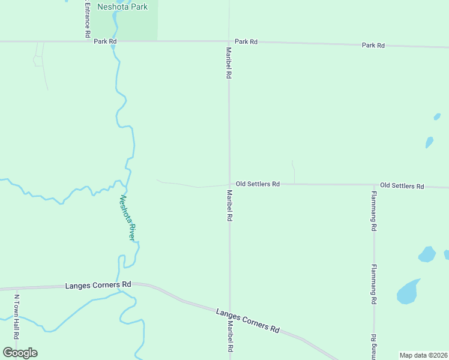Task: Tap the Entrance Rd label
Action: tap(87, 18)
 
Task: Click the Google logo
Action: tap(20, 353)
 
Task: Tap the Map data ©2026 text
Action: tap(423, 355)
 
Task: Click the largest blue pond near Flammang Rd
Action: tap(408, 292)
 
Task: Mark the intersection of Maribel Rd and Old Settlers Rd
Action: tap(229, 184)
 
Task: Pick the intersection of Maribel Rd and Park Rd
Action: tap(229, 42)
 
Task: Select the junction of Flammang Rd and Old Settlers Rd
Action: tap(374, 185)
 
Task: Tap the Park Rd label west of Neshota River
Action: tap(104, 41)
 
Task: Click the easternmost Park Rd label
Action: tap(373, 46)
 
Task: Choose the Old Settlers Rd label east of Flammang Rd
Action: tap(402, 186)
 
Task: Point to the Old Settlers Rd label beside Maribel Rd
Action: tap(258, 184)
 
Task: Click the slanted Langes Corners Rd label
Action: tap(248, 321)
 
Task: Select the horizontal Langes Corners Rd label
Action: tap(98, 286)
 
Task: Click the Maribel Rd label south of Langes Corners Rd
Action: tap(229, 337)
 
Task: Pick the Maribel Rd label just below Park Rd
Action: tap(229, 64)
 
